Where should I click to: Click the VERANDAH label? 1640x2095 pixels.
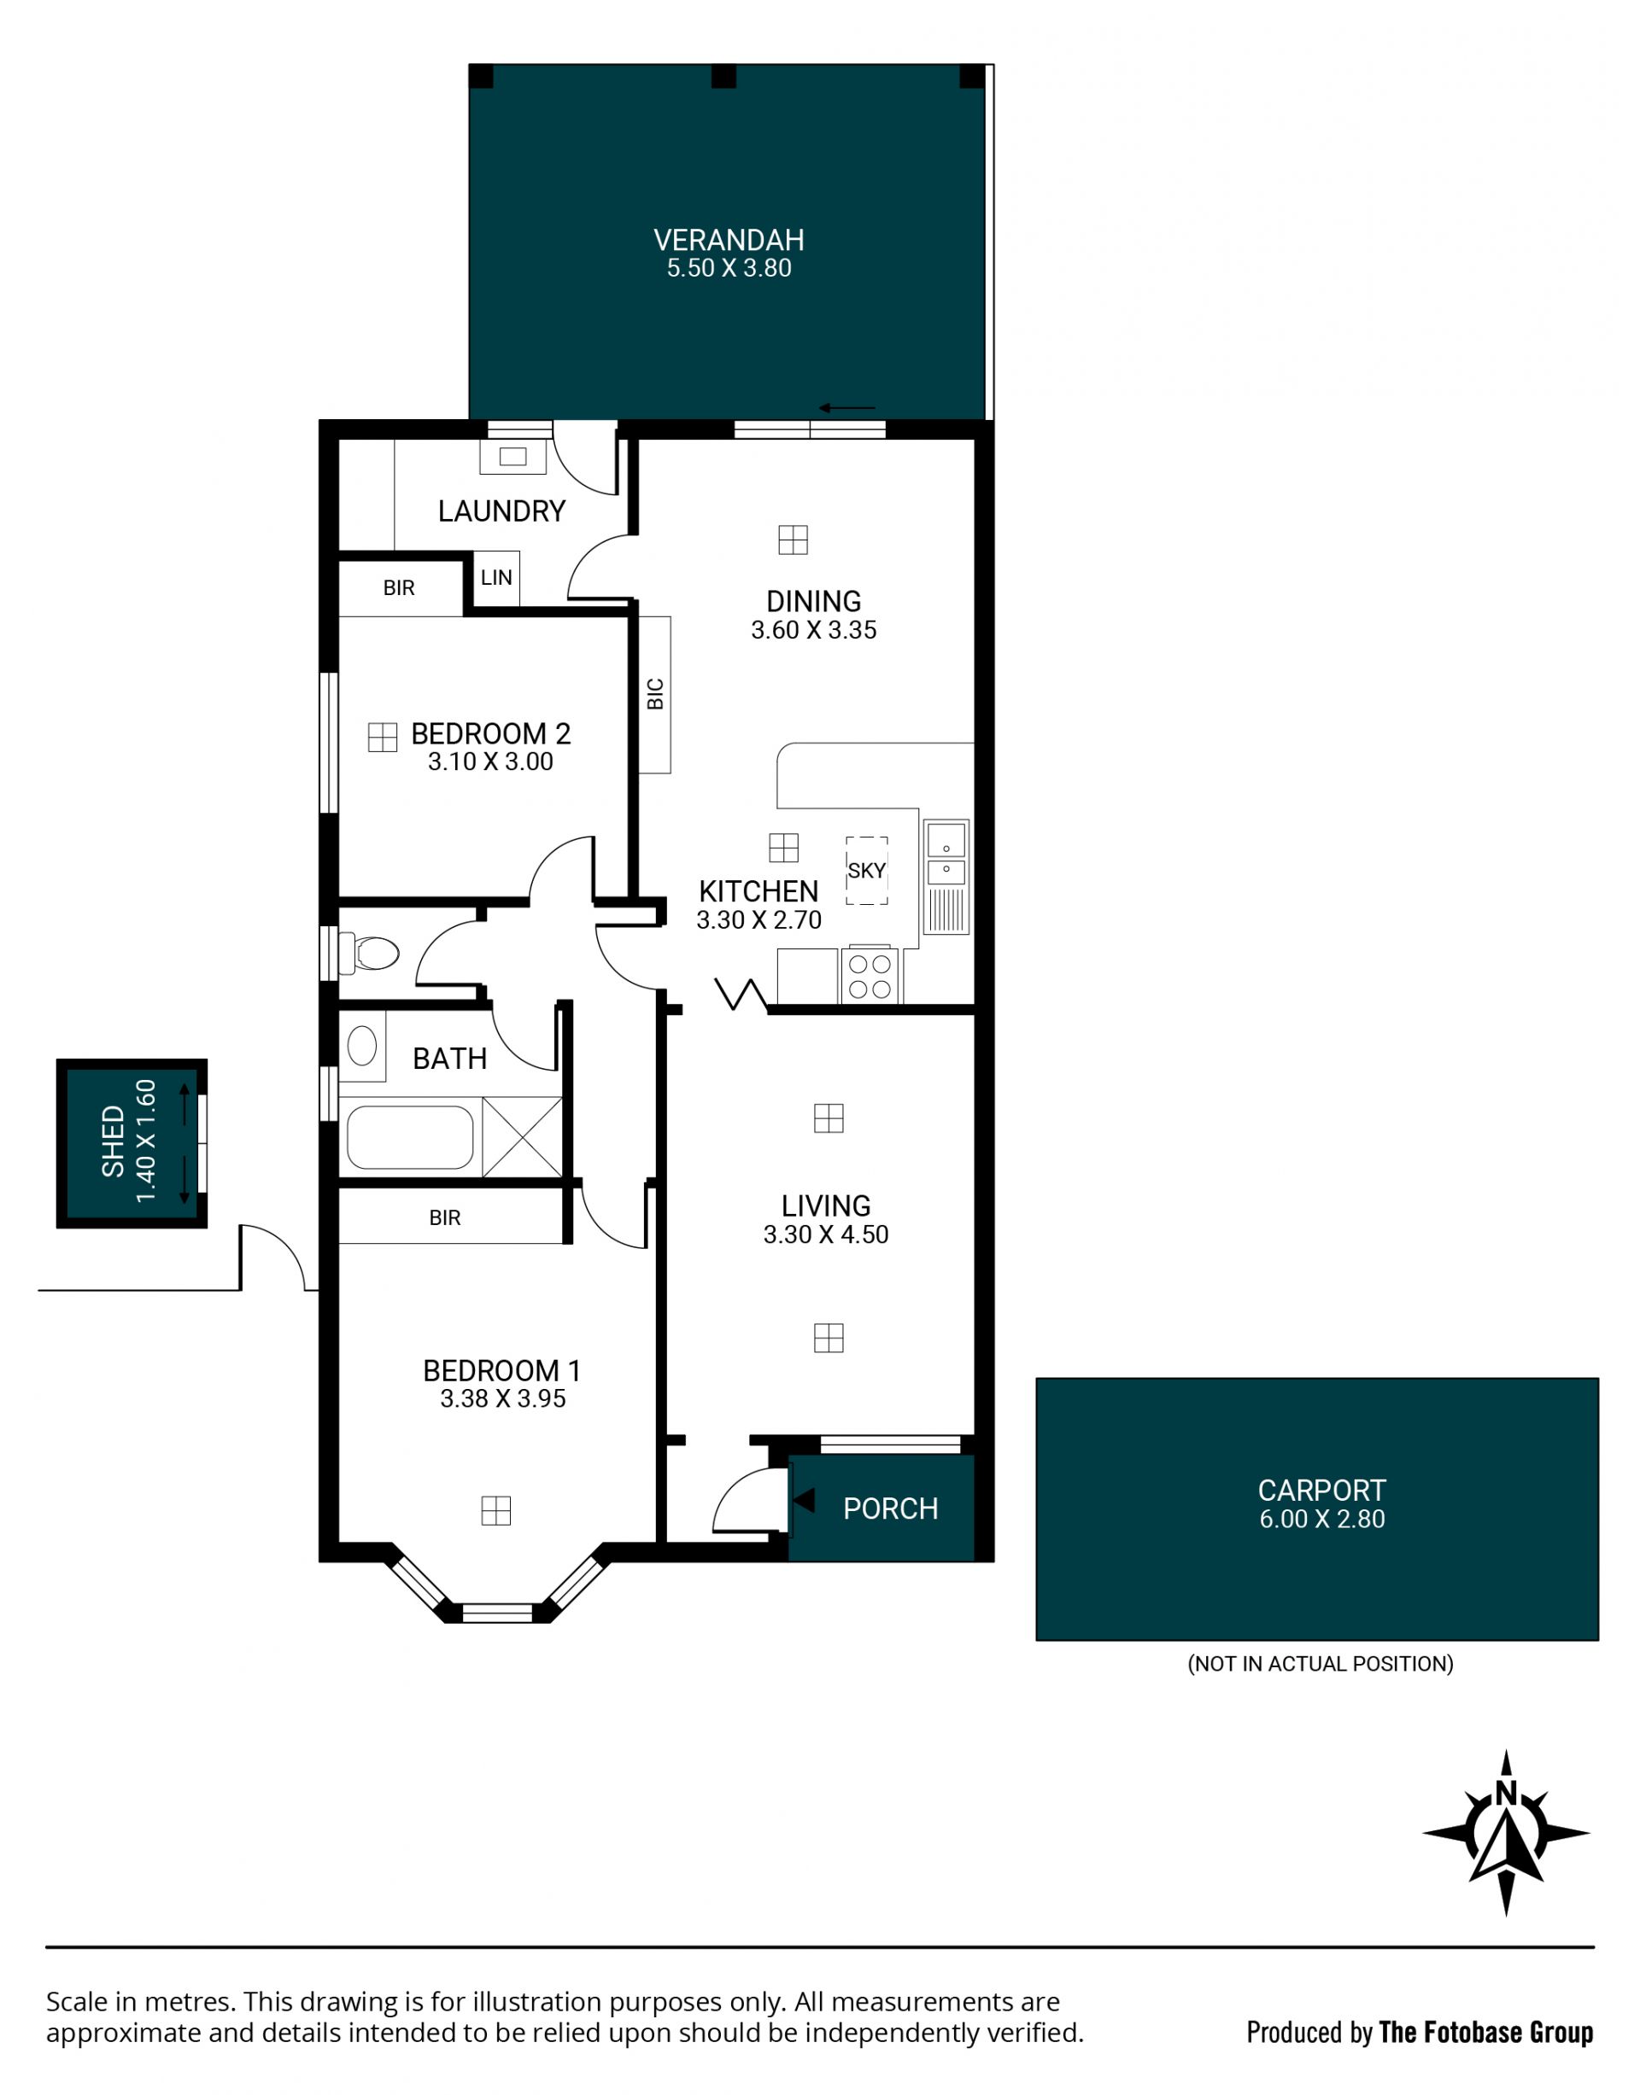coord(729,240)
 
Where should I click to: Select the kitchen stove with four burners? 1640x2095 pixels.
coord(870,976)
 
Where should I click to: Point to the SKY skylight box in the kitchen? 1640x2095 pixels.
coord(866,871)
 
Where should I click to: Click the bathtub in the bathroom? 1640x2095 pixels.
coord(410,1137)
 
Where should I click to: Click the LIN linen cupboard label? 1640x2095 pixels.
coord(496,578)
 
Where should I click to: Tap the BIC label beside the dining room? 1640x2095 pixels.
coord(656,694)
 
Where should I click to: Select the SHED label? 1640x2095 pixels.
coord(114,1142)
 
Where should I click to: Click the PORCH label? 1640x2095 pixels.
coord(890,1509)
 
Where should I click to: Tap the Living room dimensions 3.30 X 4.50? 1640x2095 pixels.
coord(826,1234)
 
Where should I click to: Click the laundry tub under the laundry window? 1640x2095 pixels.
coord(512,457)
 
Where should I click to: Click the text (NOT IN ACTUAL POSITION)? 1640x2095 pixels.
coord(1321,1664)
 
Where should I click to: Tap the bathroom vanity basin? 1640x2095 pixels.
coord(362,1046)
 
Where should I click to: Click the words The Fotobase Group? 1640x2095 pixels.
coord(1485,2033)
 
